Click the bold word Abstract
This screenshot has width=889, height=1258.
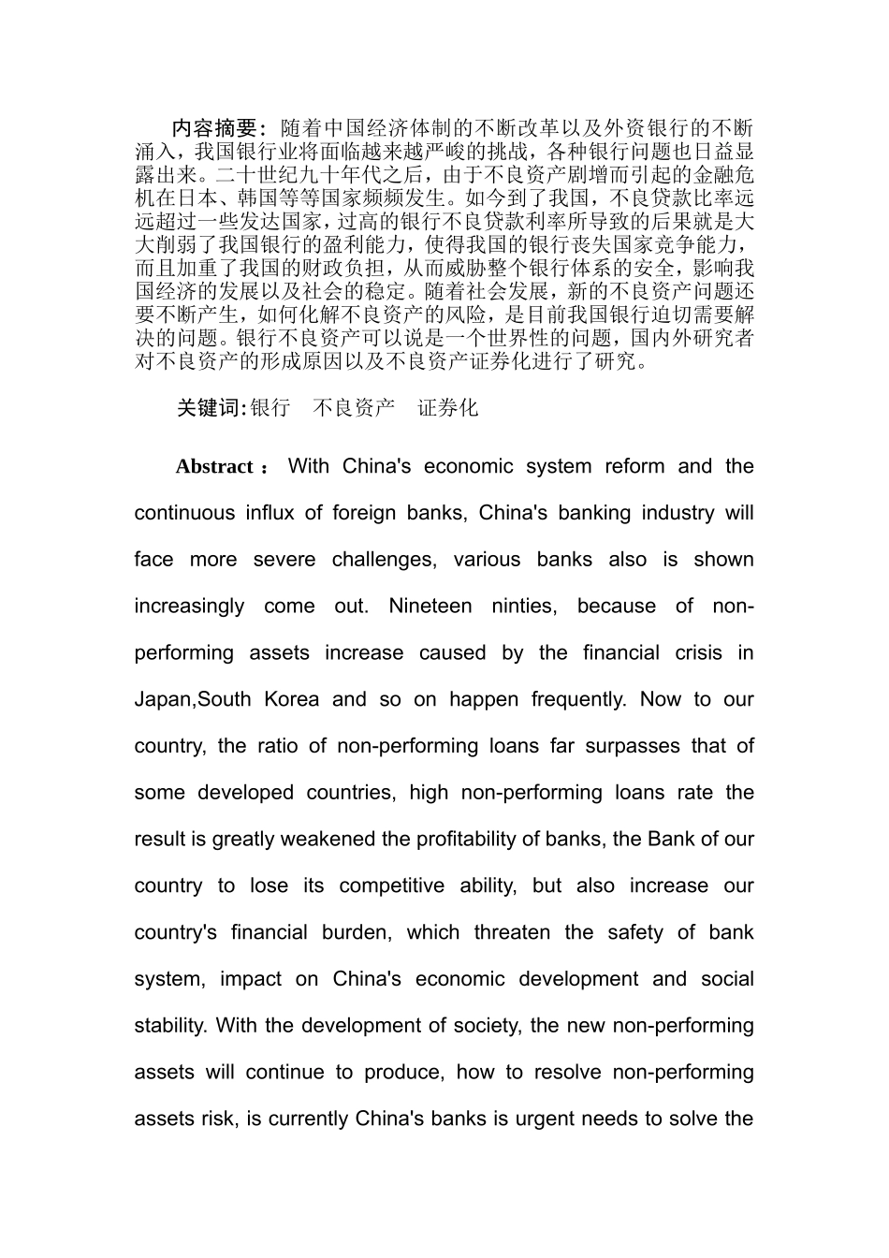[214, 467]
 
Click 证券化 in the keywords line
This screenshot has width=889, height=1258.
[447, 408]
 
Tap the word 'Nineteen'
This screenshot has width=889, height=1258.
[430, 607]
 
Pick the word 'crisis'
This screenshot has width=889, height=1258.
[699, 653]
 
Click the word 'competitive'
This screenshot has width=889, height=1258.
[391, 886]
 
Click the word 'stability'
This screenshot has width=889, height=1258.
[169, 1026]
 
